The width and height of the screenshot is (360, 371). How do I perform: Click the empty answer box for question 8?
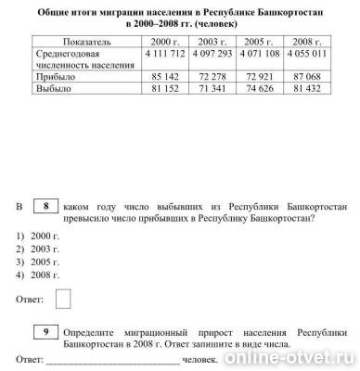(64, 299)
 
